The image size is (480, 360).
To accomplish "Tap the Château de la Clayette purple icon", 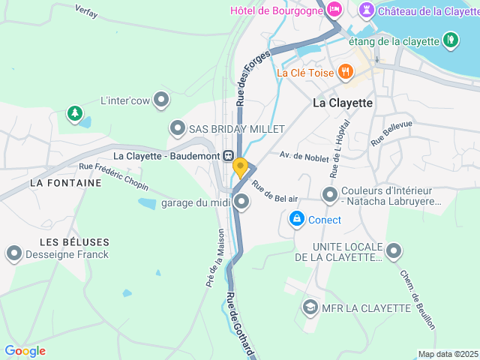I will (366, 10).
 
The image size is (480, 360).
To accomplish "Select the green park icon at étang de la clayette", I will (450, 39).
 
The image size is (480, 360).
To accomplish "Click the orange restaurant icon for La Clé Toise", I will (345, 72).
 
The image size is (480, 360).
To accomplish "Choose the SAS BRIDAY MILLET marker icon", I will (177, 128).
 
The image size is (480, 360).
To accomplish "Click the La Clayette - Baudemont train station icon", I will (227, 155).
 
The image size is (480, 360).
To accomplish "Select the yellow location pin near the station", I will (240, 166).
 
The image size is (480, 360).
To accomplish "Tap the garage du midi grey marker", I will (241, 201).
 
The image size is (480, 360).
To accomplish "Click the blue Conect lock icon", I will (297, 219).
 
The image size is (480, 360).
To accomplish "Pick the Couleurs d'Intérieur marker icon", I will (329, 195).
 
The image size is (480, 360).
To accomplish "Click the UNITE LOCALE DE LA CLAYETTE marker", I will (394, 251).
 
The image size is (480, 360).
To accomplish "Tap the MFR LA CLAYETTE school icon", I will (309, 307).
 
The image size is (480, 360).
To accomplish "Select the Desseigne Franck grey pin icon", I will (13, 253).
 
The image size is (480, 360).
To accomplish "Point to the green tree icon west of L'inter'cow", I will (74, 113).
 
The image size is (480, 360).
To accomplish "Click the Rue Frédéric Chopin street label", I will (113, 177).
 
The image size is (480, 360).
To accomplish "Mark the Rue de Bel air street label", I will (274, 191).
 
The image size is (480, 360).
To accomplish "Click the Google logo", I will (25, 351).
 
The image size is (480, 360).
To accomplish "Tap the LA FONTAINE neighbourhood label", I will (65, 182).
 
